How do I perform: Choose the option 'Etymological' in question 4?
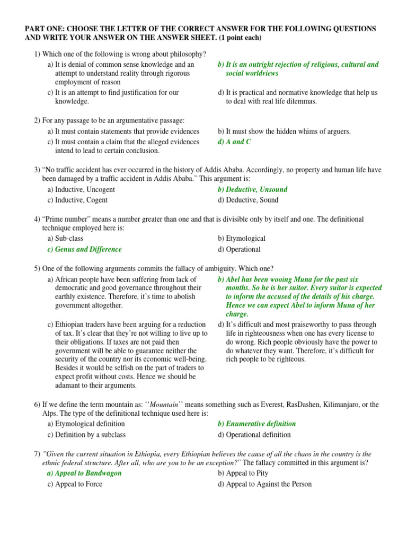245,239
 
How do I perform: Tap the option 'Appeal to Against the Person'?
264,484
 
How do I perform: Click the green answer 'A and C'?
234,142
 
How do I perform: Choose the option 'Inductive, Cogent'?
77,200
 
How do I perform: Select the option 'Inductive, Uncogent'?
81,189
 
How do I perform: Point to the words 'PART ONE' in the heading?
44,28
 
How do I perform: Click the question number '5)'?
37,268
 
